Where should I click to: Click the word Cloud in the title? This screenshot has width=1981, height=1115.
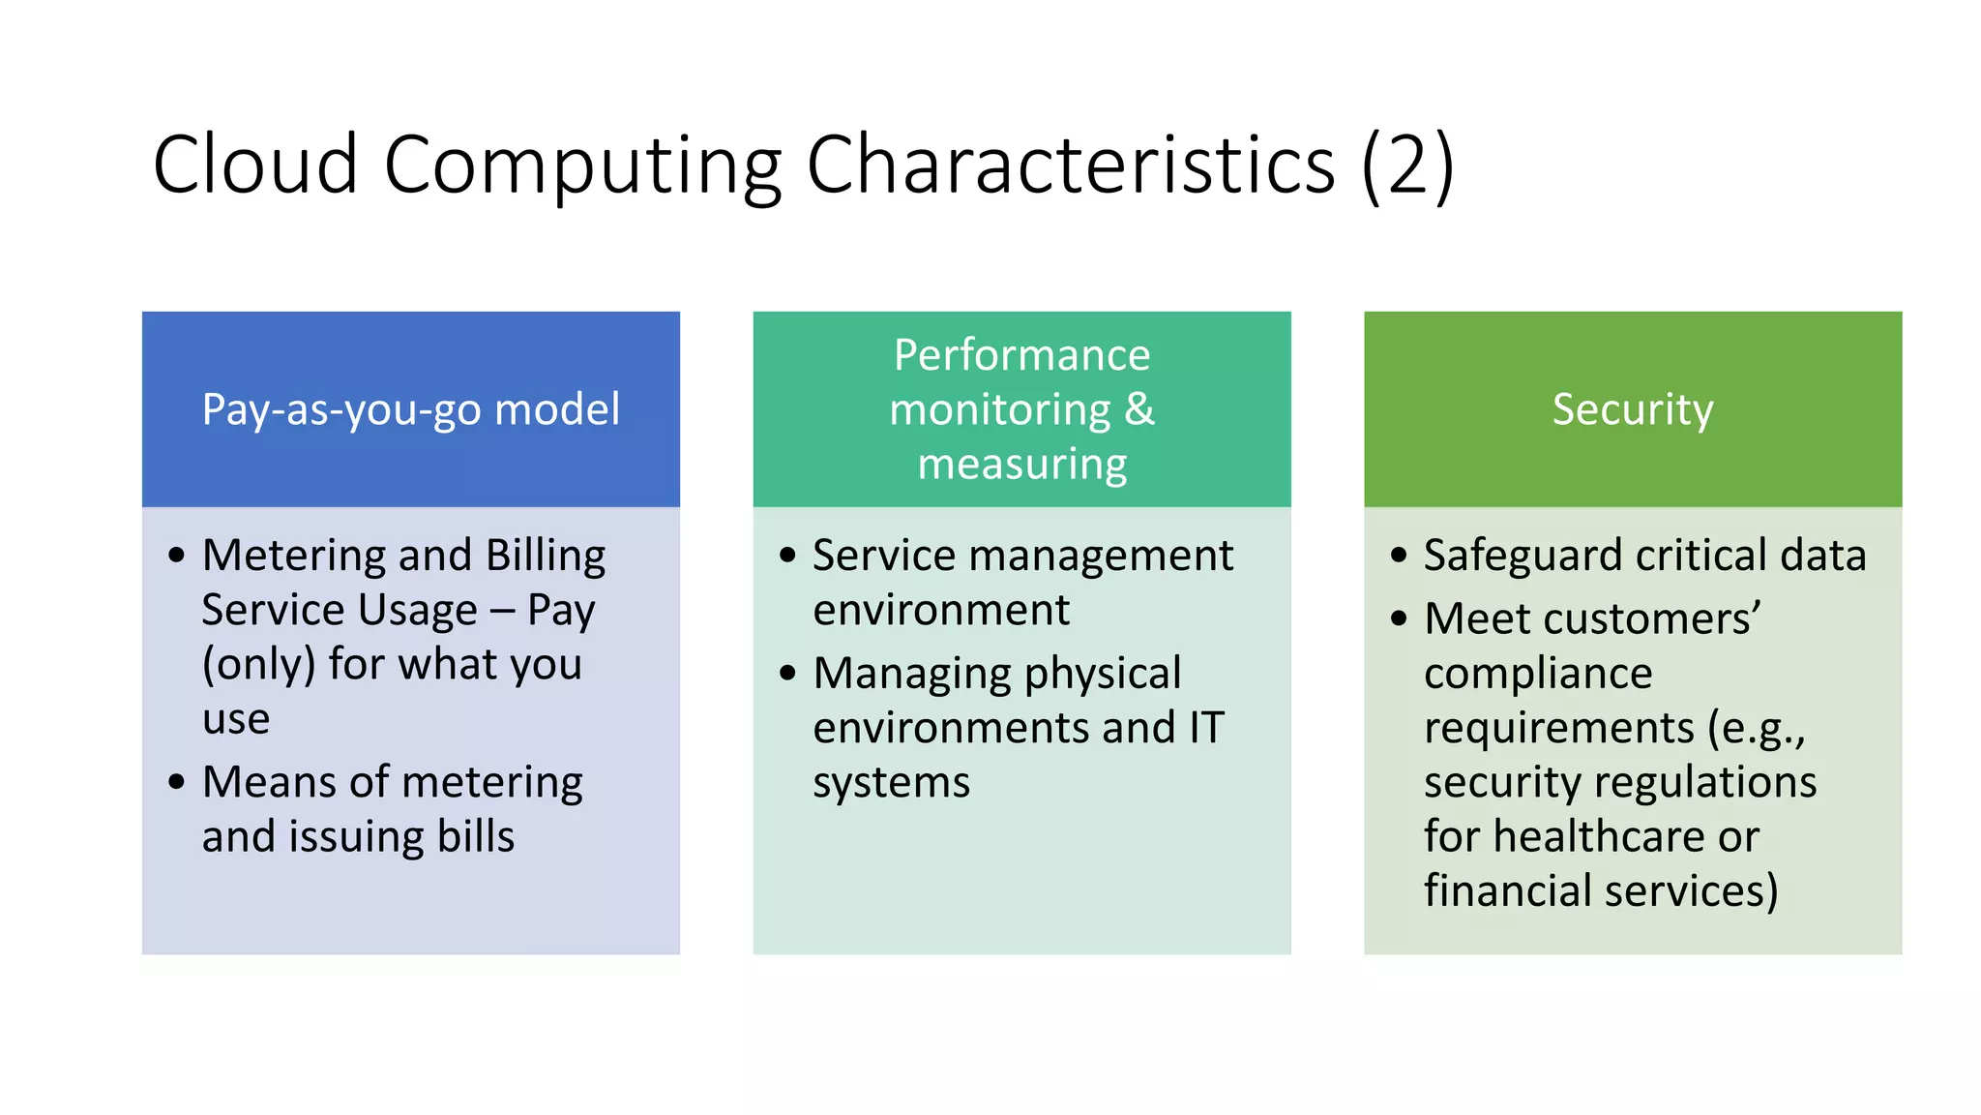255,165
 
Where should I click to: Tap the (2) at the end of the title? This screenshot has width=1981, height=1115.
1407,165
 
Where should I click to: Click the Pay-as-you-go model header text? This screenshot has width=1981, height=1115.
410,409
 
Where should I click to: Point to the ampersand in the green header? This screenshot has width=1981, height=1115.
1139,409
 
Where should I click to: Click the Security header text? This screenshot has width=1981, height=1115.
1633,409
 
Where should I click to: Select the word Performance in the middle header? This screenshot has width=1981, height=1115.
1021,355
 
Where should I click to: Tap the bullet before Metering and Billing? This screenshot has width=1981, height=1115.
176,556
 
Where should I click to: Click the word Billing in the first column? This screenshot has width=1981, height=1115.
546,556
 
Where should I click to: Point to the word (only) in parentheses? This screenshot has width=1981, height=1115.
258,665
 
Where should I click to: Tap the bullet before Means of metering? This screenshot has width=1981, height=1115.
176,782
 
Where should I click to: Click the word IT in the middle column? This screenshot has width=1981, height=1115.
1206,728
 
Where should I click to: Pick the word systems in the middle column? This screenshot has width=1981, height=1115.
891,782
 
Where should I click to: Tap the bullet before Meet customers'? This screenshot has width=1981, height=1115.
1399,618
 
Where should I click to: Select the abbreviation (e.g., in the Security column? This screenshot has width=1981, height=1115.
1756,728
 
